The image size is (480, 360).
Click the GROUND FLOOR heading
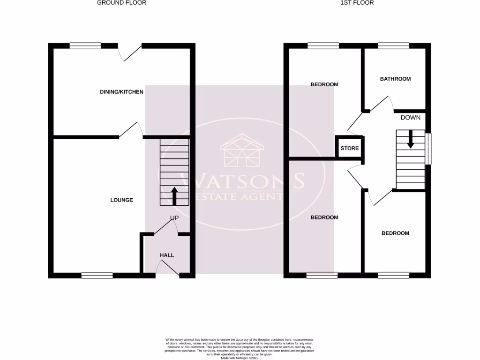121,3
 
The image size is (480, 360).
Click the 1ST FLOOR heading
357,3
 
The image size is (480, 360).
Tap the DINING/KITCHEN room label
121,92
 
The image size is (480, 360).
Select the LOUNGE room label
121,200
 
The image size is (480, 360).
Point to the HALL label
167,255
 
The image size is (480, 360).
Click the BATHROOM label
395,79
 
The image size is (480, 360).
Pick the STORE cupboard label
349,149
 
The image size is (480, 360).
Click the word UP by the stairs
174,218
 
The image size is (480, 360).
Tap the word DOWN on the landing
410,118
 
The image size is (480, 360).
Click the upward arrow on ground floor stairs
174,196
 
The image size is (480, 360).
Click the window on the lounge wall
97,276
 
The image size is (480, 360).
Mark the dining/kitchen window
85,46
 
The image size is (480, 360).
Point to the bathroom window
393,46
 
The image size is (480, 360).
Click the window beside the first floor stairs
428,149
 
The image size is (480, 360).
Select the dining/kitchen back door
129,52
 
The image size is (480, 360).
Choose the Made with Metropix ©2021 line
240,358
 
